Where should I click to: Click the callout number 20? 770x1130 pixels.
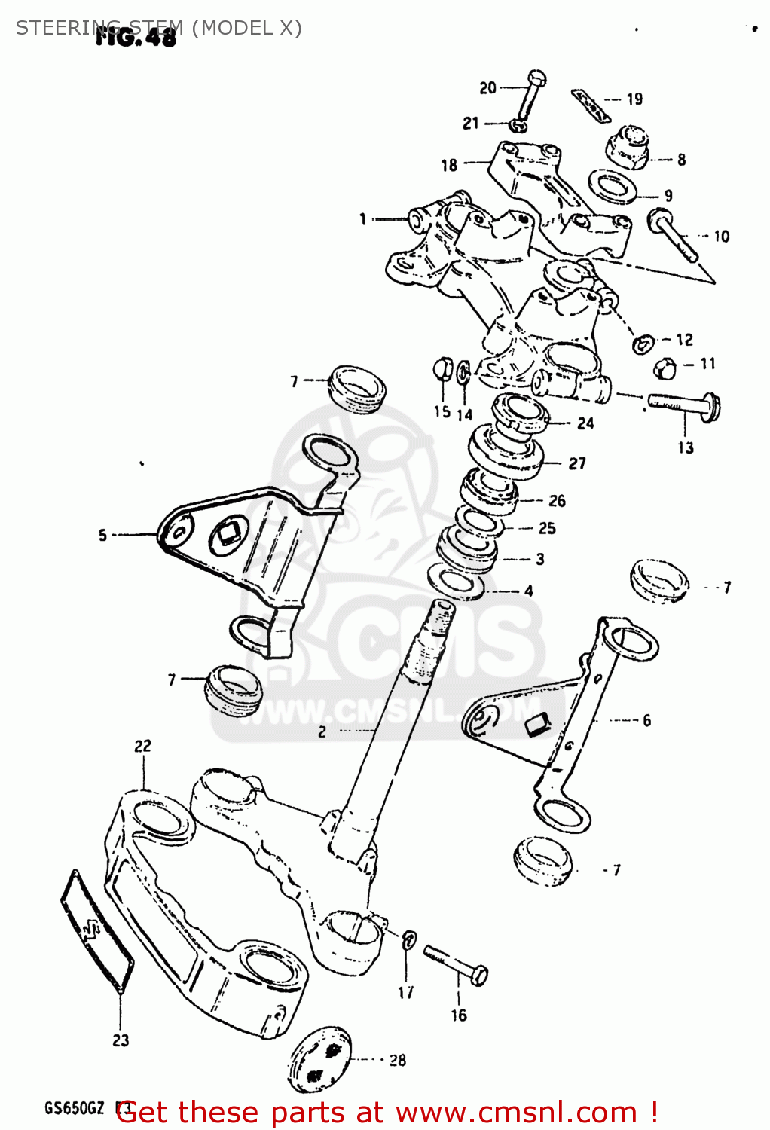tap(487, 88)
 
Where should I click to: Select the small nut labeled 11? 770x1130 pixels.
tap(663, 367)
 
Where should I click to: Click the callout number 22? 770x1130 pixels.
tap(142, 746)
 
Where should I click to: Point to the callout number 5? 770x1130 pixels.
tap(102, 535)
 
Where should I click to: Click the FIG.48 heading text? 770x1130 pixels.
tap(136, 37)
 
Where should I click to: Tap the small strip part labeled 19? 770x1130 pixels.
tap(589, 104)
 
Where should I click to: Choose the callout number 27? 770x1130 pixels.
tap(577, 463)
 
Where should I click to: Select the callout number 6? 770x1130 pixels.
tap(646, 720)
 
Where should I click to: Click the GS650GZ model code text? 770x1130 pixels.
tap(74, 1108)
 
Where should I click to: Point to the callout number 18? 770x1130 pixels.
tap(449, 165)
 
